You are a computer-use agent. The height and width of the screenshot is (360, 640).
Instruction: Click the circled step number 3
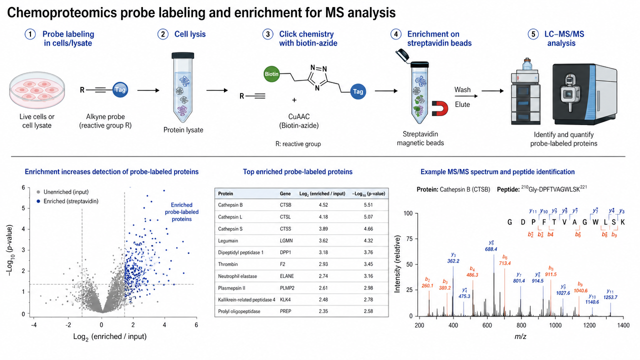pyautogui.click(x=267, y=34)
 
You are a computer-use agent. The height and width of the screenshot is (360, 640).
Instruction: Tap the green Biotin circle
pyautogui.click(x=271, y=74)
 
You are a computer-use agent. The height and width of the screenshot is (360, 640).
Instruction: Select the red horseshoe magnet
pyautogui.click(x=439, y=108)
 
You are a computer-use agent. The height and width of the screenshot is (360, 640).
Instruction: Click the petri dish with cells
pyautogui.click(x=37, y=90)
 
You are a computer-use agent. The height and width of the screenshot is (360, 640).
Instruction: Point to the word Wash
pyautogui.click(x=462, y=89)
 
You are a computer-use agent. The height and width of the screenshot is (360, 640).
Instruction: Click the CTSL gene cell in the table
pyautogui.click(x=285, y=217)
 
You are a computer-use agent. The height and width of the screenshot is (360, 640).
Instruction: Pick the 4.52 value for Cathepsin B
pyautogui.click(x=323, y=205)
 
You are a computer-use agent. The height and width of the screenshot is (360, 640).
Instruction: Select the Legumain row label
pyautogui.click(x=227, y=240)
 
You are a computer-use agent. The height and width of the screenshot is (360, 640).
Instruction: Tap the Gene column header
pyautogui.click(x=285, y=193)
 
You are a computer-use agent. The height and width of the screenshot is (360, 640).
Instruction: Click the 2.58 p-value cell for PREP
pyautogui.click(x=368, y=311)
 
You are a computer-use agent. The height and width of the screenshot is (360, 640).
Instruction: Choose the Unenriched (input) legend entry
pyautogui.click(x=63, y=192)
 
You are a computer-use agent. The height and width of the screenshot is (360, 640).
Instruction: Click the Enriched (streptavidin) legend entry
pyautogui.click(x=67, y=201)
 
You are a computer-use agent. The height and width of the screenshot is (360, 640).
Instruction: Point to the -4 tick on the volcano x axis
pyautogui.click(x=33, y=325)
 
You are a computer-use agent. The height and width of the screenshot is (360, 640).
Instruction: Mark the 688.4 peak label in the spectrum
pyautogui.click(x=491, y=249)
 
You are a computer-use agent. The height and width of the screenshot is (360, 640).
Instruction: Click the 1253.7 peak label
pyautogui.click(x=610, y=297)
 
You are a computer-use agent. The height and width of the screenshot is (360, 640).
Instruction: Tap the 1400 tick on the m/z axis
pyautogui.click(x=623, y=325)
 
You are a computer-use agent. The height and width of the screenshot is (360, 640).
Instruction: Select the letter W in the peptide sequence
pyautogui.click(x=595, y=222)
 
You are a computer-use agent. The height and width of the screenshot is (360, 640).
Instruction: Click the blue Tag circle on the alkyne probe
pyautogui.click(x=120, y=90)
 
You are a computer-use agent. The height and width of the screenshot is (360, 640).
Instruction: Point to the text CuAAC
pyautogui.click(x=299, y=116)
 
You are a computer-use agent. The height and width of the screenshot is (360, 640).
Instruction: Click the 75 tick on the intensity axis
pyautogui.click(x=409, y=239)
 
